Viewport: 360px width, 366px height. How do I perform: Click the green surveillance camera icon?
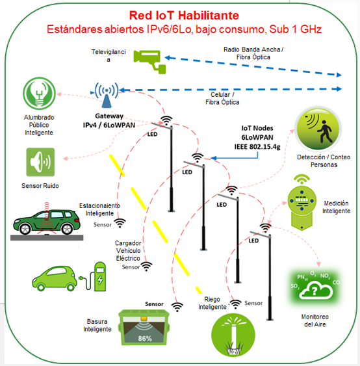tap(149, 62)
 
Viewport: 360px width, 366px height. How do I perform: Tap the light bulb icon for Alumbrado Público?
tap(39, 94)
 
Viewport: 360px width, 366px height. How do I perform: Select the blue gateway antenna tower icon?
tap(107, 95)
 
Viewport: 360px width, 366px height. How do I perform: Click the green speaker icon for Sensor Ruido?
tap(40, 162)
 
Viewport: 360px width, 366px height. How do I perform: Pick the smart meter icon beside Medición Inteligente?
tap(302, 202)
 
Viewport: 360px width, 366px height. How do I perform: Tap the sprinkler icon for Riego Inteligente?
tap(233, 335)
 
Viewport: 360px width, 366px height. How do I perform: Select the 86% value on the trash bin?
tap(145, 338)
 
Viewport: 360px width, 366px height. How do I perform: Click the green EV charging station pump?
tap(100, 276)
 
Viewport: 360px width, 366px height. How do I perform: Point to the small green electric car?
tap(55, 278)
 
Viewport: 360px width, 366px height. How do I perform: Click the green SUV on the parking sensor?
tap(46, 222)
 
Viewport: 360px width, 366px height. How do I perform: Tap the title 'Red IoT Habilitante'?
tap(184, 16)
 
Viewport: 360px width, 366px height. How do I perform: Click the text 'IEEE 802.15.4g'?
tap(257, 146)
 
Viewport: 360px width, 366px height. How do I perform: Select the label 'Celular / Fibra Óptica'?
tap(222, 98)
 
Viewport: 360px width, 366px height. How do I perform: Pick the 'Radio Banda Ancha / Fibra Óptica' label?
tap(253, 53)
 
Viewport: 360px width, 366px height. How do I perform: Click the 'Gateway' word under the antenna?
tap(109, 116)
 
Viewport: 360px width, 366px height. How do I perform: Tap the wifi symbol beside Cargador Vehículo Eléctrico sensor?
tap(146, 267)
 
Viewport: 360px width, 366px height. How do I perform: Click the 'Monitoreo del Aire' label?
tap(315, 320)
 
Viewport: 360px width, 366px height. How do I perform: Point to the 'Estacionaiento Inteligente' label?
tap(99, 209)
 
